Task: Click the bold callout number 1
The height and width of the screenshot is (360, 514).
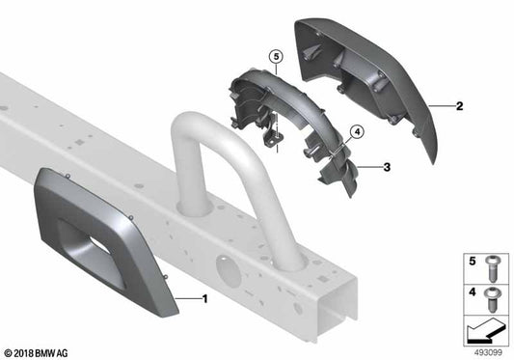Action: (x=204, y=298)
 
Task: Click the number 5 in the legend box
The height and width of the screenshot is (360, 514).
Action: (x=473, y=261)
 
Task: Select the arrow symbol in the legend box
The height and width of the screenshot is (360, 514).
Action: (x=485, y=331)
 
